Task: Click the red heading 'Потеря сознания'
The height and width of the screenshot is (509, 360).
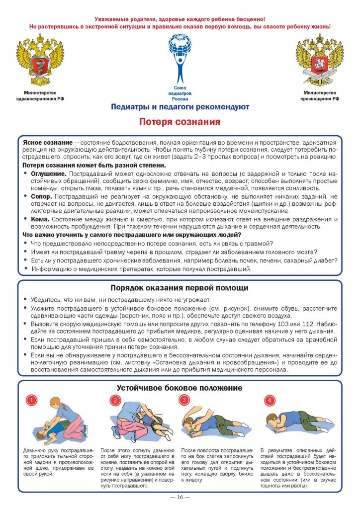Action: point(180,122)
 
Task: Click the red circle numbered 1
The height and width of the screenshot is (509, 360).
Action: point(31,400)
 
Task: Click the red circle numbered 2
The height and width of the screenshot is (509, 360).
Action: point(115,400)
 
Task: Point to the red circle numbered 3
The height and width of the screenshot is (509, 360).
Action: point(184,400)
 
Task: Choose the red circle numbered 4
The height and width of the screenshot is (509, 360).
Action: point(269,400)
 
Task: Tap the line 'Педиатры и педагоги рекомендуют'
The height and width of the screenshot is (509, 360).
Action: point(180,107)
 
